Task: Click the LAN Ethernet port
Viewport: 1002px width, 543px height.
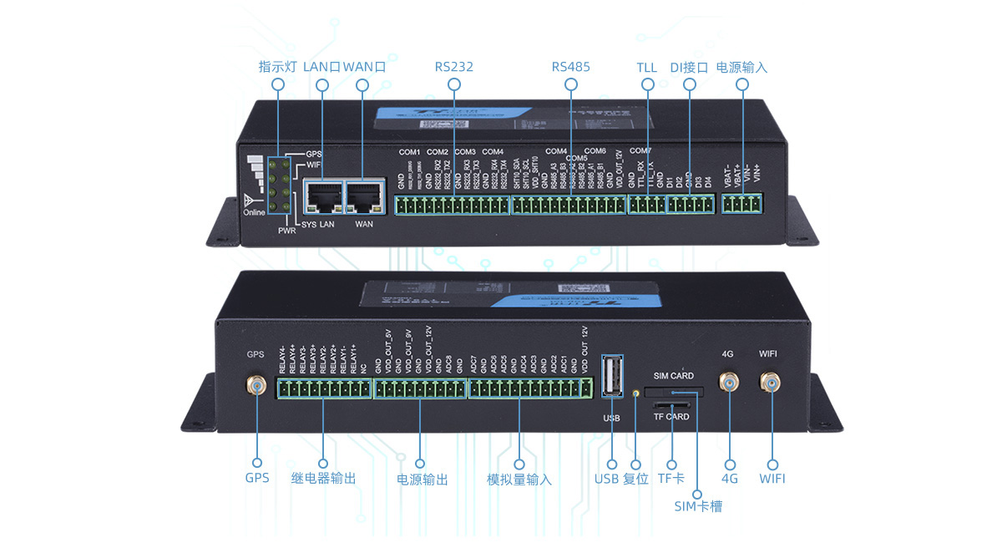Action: point(322,198)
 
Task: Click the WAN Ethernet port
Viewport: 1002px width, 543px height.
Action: point(363,198)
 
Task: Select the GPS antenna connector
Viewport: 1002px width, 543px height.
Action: point(256,384)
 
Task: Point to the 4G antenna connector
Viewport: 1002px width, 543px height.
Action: point(730,383)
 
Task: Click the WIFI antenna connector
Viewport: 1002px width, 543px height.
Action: point(768,383)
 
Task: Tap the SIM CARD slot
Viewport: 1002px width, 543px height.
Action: point(673,392)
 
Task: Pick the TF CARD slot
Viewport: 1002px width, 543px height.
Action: point(671,405)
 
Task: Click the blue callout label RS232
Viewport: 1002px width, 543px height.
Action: point(453,67)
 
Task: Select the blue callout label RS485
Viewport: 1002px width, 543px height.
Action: point(570,67)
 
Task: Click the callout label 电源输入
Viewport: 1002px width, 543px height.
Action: point(741,67)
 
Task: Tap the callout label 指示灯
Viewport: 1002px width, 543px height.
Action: point(277,67)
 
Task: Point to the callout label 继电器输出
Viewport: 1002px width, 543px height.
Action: point(323,479)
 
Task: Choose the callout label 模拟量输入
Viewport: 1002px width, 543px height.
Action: point(519,480)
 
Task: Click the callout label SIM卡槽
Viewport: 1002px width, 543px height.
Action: point(698,505)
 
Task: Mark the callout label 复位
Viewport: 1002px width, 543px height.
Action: point(635,479)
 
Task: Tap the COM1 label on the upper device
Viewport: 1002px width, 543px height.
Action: point(409,152)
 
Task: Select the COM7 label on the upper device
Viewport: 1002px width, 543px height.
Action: point(640,151)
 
